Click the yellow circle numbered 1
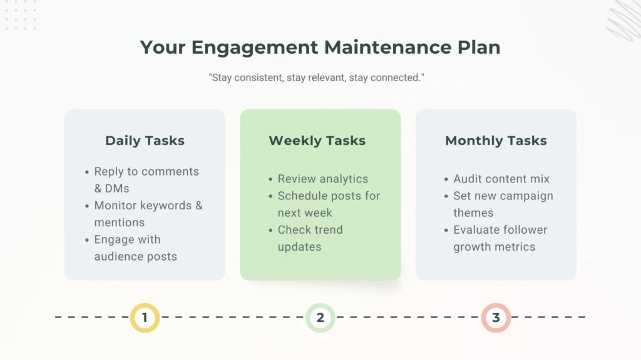point(145,317)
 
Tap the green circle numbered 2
point(320,317)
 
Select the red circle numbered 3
point(496,317)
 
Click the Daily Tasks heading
point(145,141)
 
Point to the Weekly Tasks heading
point(317,141)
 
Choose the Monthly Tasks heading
point(496,141)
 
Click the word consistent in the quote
point(258,78)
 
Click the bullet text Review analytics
point(323,179)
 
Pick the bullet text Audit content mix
point(501,179)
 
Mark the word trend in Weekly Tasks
point(327,229)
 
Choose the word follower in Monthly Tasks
point(520,229)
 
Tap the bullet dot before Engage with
point(86,240)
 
